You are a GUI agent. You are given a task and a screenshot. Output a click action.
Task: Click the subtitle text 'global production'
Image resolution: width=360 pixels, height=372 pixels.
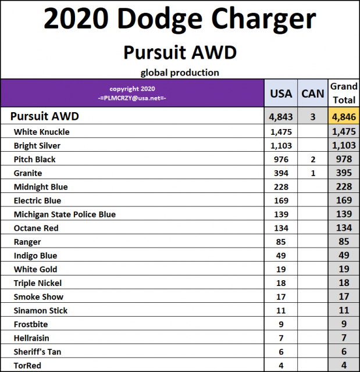point(180,73)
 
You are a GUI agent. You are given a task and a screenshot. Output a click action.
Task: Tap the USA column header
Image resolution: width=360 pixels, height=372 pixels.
point(281,94)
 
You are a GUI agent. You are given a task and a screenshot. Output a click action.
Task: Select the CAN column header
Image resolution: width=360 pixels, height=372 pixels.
point(313,94)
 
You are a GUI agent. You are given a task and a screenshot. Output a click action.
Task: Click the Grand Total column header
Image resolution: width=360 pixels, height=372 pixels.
point(344,93)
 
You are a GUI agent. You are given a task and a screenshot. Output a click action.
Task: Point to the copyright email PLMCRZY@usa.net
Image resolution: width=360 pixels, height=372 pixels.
point(133,98)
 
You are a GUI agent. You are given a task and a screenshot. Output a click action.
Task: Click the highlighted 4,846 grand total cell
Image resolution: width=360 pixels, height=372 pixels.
point(344,116)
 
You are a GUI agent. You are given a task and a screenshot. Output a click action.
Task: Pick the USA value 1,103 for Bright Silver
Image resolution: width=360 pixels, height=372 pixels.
point(281,146)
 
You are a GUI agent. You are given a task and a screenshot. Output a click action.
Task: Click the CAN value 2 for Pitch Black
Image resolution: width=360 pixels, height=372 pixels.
point(313,159)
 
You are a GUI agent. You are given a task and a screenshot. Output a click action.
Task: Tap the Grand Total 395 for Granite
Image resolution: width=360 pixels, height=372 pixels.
point(344,173)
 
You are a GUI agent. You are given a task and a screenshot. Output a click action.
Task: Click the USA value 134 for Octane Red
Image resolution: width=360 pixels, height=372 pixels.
point(281,228)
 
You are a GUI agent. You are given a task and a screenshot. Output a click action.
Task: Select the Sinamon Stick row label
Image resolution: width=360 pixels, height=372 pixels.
point(41,311)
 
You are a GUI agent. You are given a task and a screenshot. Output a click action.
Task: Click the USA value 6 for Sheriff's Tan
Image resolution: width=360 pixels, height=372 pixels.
point(281,352)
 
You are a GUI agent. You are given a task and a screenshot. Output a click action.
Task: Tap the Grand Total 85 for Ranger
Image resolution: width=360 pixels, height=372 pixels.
point(344,242)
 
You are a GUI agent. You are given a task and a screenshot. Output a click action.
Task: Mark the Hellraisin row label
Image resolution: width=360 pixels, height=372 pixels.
point(33,338)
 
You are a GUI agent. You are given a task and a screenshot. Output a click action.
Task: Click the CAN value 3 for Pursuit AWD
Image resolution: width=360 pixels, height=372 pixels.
point(313,116)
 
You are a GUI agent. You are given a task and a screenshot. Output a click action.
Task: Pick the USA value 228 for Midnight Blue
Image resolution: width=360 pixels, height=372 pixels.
point(281,187)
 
